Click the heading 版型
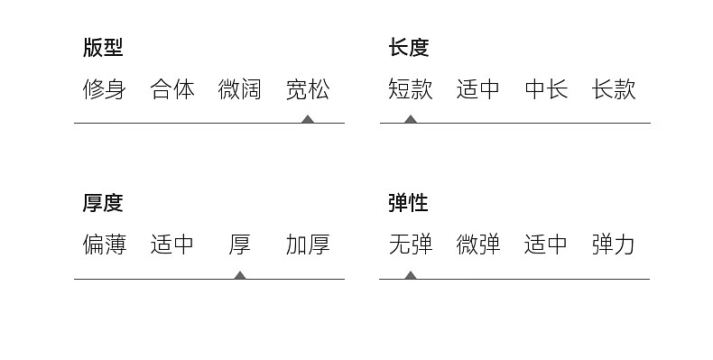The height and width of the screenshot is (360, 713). pyautogui.click(x=103, y=47)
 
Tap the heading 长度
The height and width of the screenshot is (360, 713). pyautogui.click(x=409, y=47)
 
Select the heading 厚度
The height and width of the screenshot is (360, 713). pyautogui.click(x=103, y=203)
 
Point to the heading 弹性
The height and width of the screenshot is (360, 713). pyautogui.click(x=408, y=203)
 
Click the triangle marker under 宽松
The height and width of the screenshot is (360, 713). pyautogui.click(x=308, y=119)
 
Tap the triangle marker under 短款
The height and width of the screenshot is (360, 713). pyautogui.click(x=411, y=119)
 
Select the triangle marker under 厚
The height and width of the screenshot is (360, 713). pyautogui.click(x=240, y=275)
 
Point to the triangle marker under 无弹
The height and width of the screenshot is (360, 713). pyautogui.click(x=410, y=275)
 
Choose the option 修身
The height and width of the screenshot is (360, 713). pyautogui.click(x=105, y=89)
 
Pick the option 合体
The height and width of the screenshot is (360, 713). pyautogui.click(x=172, y=89)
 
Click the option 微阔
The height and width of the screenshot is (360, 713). pyautogui.click(x=240, y=89)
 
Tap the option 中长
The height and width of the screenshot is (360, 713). pyautogui.click(x=546, y=89)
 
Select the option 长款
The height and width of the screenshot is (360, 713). pyautogui.click(x=614, y=89)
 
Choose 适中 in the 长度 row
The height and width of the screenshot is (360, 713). pyautogui.click(x=478, y=89)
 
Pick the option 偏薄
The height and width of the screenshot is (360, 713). pyautogui.click(x=105, y=245)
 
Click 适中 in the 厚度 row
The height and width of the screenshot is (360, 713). pyautogui.click(x=172, y=245)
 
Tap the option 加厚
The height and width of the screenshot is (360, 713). pyautogui.click(x=308, y=245)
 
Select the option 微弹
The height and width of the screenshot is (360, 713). pyautogui.click(x=478, y=245)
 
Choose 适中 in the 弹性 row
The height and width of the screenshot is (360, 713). pyautogui.click(x=546, y=245)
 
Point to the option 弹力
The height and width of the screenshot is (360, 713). pyautogui.click(x=614, y=245)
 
